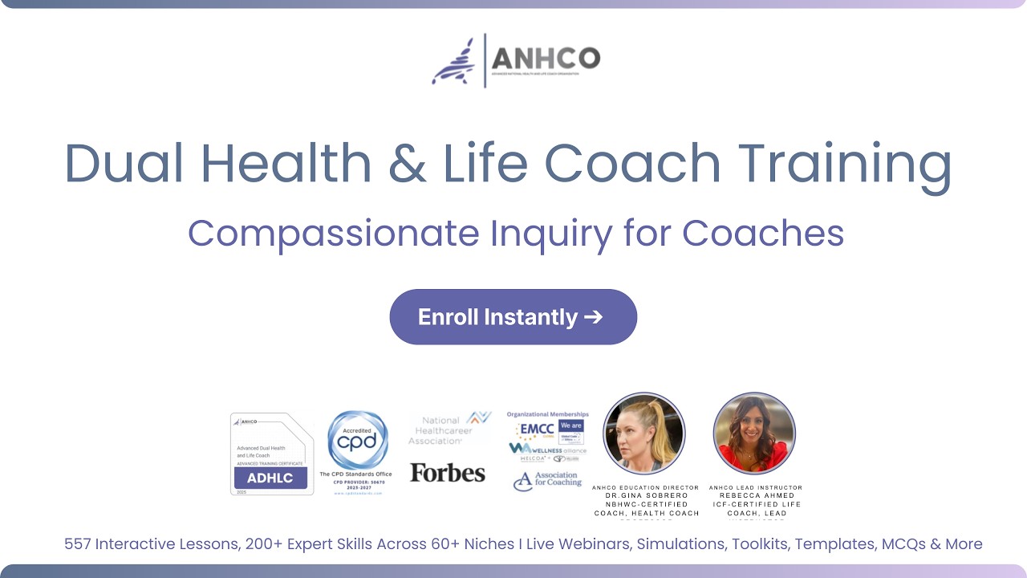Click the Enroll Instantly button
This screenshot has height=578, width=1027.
click(x=513, y=317)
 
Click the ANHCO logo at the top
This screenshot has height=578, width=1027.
click(x=515, y=60)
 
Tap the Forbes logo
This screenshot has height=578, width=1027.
click(x=448, y=473)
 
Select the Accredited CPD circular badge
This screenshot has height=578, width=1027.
click(x=358, y=441)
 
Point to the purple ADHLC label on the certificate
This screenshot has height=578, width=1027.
click(x=270, y=478)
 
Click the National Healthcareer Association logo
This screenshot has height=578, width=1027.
click(x=449, y=429)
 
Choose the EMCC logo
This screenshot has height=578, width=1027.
click(x=535, y=429)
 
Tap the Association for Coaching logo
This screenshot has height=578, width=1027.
click(x=547, y=481)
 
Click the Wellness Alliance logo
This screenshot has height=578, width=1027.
click(x=548, y=450)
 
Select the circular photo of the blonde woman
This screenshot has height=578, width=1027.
click(x=644, y=433)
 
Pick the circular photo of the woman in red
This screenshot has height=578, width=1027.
click(x=754, y=433)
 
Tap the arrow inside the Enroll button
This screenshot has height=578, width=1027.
click(x=593, y=317)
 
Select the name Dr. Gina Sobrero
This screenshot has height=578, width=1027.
click(x=646, y=495)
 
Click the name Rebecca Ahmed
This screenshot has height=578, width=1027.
click(x=757, y=495)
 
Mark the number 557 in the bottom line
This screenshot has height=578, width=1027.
click(x=78, y=544)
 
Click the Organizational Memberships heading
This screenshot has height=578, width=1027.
click(x=547, y=414)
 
